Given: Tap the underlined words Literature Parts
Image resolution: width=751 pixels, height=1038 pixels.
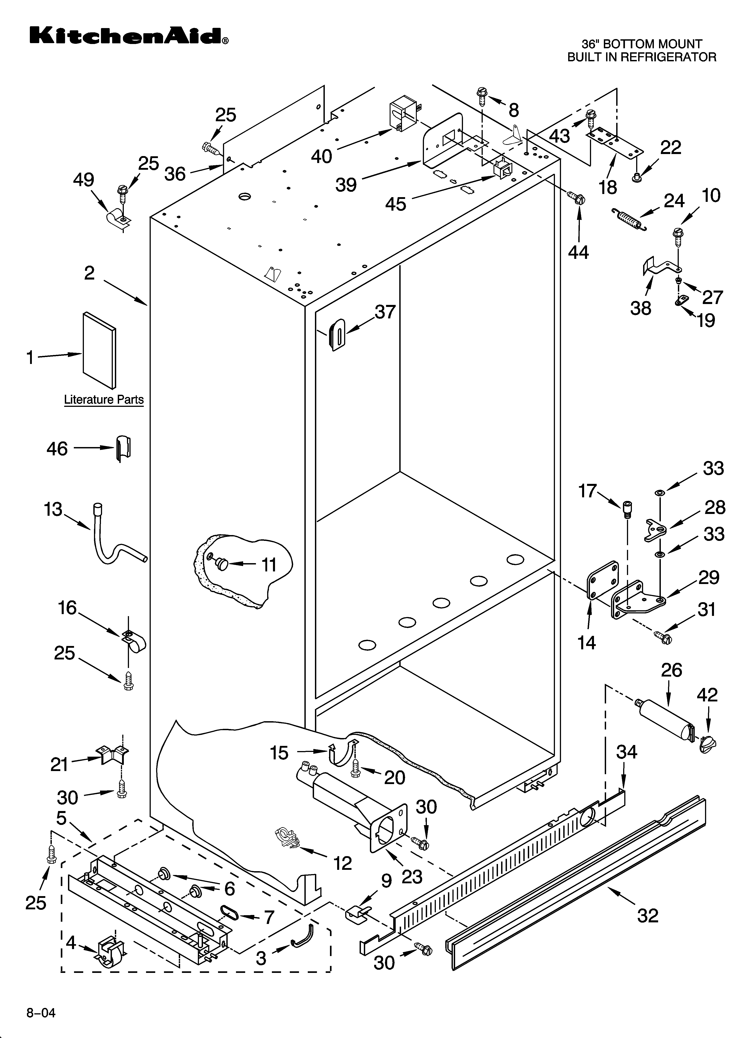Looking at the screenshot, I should tap(104, 399).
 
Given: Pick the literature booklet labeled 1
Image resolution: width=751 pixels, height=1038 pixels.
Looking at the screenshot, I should tap(99, 350).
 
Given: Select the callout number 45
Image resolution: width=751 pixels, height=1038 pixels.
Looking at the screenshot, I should tap(396, 204).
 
